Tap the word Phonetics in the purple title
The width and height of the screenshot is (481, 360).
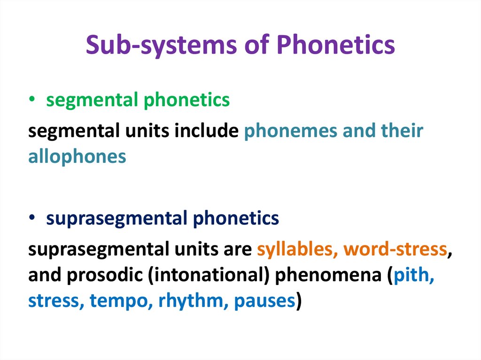[x=335, y=45]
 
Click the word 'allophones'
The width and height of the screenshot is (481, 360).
[x=77, y=156]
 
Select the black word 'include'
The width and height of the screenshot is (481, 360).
[x=206, y=131]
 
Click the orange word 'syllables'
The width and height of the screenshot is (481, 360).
[x=295, y=250]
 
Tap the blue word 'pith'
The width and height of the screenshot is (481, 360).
[x=414, y=275]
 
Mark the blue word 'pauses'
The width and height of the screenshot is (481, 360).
[x=264, y=300]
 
